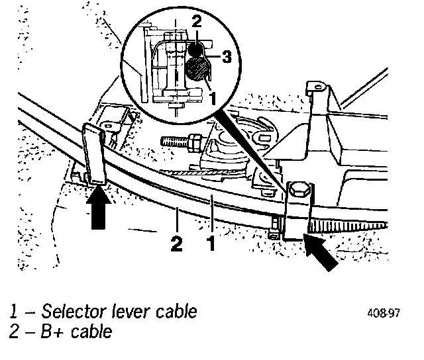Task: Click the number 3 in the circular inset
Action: pyautogui.click(x=226, y=58)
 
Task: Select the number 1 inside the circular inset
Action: pyautogui.click(x=212, y=97)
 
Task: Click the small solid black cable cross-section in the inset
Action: pyautogui.click(x=195, y=49)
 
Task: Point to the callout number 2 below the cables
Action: pyautogui.click(x=176, y=243)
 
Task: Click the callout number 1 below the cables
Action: pyautogui.click(x=211, y=243)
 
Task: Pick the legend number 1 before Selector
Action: pyautogui.click(x=12, y=312)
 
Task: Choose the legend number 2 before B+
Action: pyautogui.click(x=13, y=331)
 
